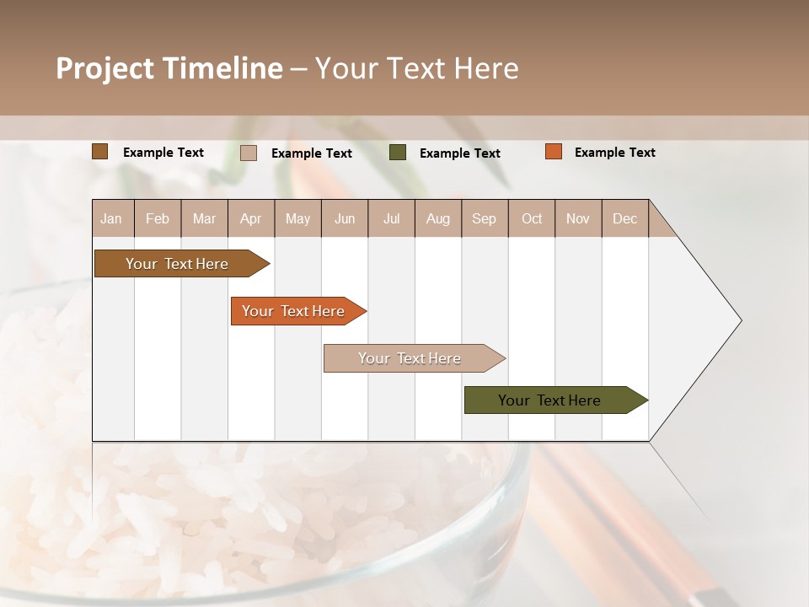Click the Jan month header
click(112, 219)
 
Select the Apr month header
click(251, 219)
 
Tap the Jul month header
click(391, 219)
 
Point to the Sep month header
click(484, 219)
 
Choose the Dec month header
click(624, 219)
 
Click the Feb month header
click(158, 219)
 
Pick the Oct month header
click(532, 219)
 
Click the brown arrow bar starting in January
click(178, 264)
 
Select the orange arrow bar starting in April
click(294, 311)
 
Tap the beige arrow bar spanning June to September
click(410, 358)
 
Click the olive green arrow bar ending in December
click(550, 400)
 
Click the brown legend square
click(100, 152)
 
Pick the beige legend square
click(249, 153)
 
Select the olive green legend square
click(398, 153)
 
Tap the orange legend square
click(554, 152)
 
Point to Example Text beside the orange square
click(614, 153)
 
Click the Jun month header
click(345, 219)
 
